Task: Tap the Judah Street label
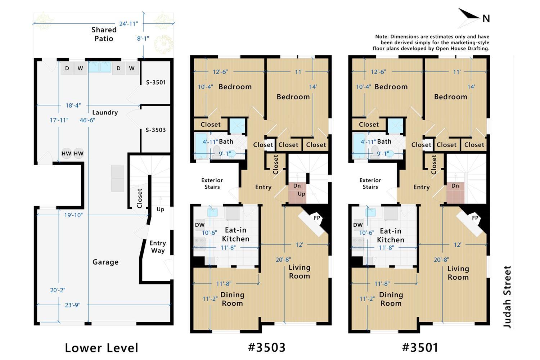pyautogui.click(x=507, y=297)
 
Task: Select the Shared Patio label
pyautogui.click(x=104, y=34)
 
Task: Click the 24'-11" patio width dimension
pyautogui.click(x=129, y=24)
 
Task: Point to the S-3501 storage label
pyautogui.click(x=156, y=82)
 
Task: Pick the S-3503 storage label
pyautogui.click(x=156, y=130)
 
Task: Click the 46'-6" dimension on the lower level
pyautogui.click(x=87, y=120)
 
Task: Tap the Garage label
pyautogui.click(x=105, y=262)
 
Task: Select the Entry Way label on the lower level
pyautogui.click(x=158, y=247)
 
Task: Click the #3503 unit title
pyautogui.click(x=267, y=347)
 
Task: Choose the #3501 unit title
pyautogui.click(x=420, y=347)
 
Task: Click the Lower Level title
pyautogui.click(x=102, y=348)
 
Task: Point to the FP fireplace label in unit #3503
pyautogui.click(x=317, y=218)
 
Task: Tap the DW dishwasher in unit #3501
pyautogui.click(x=358, y=225)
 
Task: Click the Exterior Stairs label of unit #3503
pyautogui.click(x=212, y=184)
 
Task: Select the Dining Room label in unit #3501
pyautogui.click(x=391, y=299)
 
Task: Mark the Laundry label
pyautogui.click(x=105, y=112)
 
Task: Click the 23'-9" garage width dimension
pyautogui.click(x=73, y=305)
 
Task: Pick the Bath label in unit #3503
pyautogui.click(x=226, y=141)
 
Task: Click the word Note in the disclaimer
pyautogui.click(x=382, y=37)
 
